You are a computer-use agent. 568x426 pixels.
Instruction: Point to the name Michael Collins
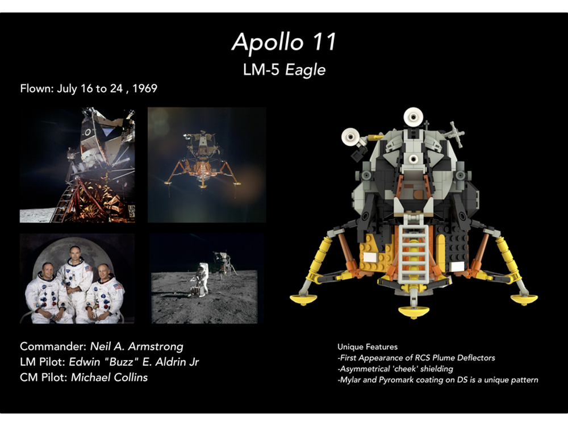coord(109,377)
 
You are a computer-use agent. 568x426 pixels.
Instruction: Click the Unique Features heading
coord(367,346)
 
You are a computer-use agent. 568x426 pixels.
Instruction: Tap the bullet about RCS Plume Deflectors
coord(416,358)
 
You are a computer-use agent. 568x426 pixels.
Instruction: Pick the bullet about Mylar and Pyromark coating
coord(437,379)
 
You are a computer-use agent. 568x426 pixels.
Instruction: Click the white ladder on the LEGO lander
coord(414,256)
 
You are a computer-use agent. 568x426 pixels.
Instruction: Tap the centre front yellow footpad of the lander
coord(414,311)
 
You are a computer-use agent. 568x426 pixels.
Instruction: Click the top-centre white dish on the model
coord(414,118)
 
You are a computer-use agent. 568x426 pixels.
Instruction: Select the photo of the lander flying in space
coord(207,165)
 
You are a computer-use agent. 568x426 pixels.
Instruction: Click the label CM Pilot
coord(44,377)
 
